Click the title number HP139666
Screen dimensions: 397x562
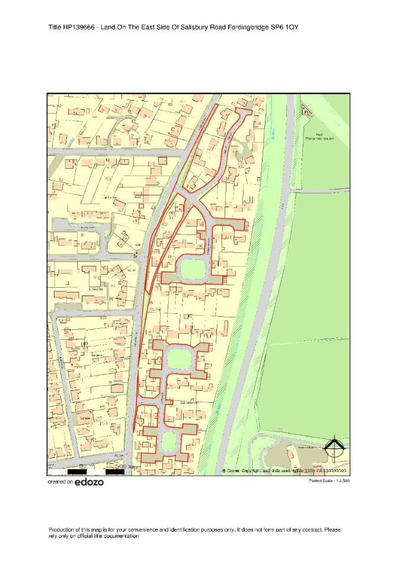pyautogui.click(x=77, y=28)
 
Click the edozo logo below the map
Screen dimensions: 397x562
pyautogui.click(x=89, y=482)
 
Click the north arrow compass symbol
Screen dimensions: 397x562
pyautogui.click(x=335, y=449)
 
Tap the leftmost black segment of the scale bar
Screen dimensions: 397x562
pyautogui.click(x=78, y=472)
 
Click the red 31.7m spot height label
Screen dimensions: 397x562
pyautogui.click(x=155, y=309)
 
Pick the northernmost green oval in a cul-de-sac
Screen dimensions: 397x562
pyautogui.click(x=192, y=270)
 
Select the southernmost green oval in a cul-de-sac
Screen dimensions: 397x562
pyautogui.click(x=169, y=441)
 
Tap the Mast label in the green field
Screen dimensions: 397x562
pyautogui.click(x=318, y=134)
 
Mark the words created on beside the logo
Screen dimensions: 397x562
pyautogui.click(x=60, y=483)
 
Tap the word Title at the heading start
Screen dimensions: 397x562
pyautogui.click(x=55, y=28)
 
